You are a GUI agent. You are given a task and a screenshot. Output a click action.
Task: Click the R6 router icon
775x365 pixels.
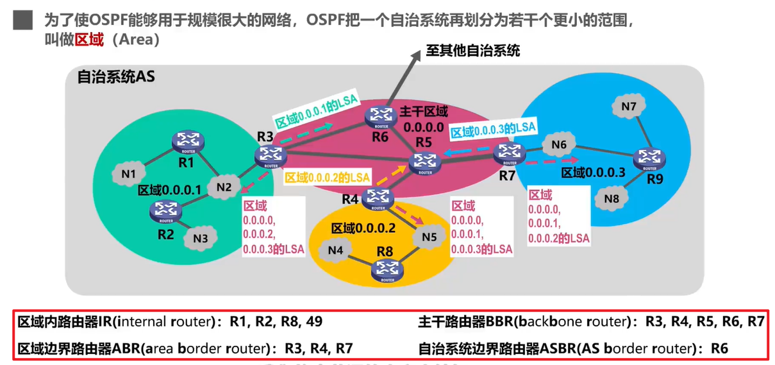pos(382,116)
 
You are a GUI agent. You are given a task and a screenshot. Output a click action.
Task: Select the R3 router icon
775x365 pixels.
pos(267,155)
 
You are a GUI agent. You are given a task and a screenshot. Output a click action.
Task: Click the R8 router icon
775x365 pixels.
pos(387,271)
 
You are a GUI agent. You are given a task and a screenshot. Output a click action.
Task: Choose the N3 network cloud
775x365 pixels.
pos(200,239)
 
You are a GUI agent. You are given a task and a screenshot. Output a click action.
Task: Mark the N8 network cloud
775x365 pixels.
pos(612,199)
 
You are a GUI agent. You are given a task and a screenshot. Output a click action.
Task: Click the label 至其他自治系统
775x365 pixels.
pos(473,51)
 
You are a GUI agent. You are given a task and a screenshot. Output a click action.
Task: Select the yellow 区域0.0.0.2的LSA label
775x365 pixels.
pos(327,176)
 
